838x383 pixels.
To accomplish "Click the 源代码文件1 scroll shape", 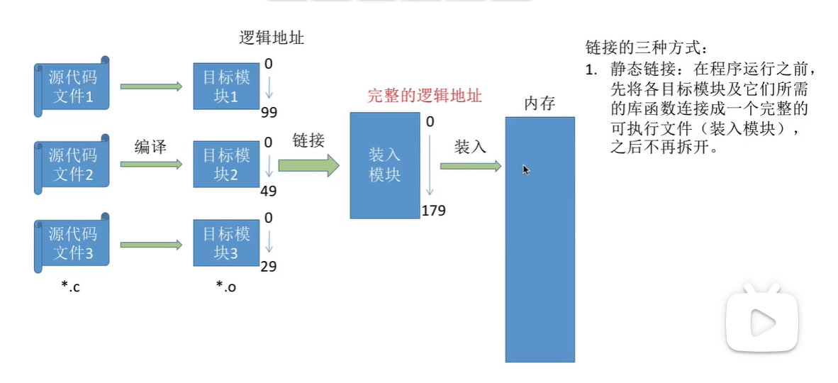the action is [x=72, y=86].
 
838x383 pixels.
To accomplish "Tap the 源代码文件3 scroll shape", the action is [x=72, y=243].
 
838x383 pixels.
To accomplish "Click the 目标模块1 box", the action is [x=226, y=86].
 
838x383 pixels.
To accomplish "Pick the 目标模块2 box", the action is [x=226, y=164].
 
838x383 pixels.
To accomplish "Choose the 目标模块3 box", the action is [x=226, y=243].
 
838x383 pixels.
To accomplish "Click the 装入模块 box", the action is [x=384, y=165].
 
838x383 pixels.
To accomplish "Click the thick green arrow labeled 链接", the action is [x=308, y=165].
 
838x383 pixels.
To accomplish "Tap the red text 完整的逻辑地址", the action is [x=425, y=96].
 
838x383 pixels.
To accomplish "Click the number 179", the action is [x=433, y=211].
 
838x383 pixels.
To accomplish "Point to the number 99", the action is [x=269, y=113].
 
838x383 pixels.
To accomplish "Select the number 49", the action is [x=269, y=191].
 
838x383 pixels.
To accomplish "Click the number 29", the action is [x=269, y=267].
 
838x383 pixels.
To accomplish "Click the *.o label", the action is [x=225, y=287].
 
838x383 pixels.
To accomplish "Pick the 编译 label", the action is [x=150, y=147].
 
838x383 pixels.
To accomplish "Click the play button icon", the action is [x=761, y=321].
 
